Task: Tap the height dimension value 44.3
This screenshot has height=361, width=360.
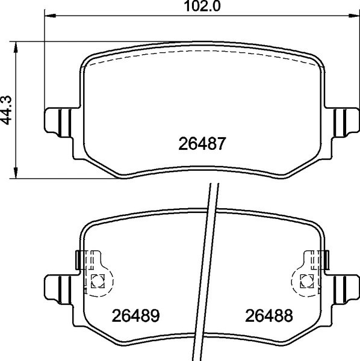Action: [x=7, y=111]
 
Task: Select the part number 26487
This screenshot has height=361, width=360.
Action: [x=202, y=144]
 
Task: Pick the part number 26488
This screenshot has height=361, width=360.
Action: [x=268, y=315]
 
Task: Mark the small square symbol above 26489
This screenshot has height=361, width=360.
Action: [x=97, y=279]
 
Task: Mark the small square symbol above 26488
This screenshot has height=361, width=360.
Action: [x=306, y=279]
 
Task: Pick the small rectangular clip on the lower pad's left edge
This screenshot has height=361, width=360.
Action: [x=77, y=259]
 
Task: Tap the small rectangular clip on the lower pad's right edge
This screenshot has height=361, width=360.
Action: [x=326, y=259]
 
